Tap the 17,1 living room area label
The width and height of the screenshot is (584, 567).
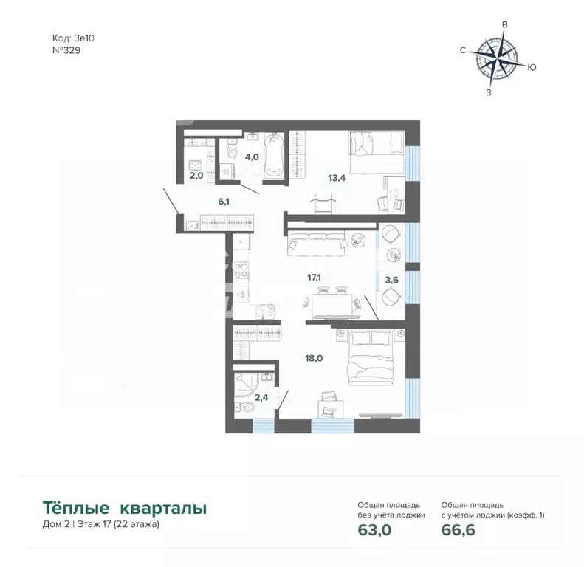[314, 278]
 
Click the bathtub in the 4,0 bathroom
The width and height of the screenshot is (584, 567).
[272, 156]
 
